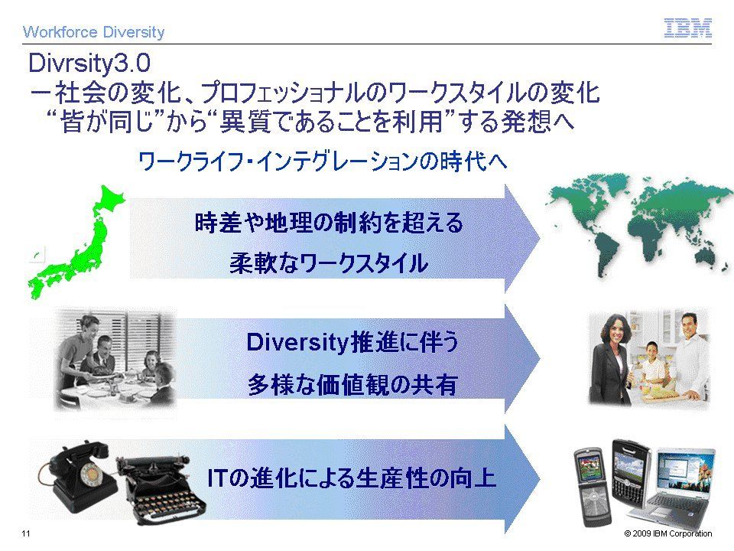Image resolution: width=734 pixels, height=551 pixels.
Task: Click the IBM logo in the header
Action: point(687,28)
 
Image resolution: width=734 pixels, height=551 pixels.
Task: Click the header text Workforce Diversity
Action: point(93,32)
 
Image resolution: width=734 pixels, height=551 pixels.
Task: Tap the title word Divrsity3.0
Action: point(89,63)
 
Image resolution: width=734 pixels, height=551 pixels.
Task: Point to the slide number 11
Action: point(26,533)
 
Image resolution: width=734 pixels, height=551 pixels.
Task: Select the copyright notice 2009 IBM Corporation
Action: point(668,533)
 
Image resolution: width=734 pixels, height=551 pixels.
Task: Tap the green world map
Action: point(639,225)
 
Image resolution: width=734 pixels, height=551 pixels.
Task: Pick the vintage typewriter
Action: point(161,490)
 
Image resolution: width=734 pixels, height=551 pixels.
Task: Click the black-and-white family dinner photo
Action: point(115,360)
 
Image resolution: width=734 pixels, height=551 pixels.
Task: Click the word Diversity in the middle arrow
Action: point(297,343)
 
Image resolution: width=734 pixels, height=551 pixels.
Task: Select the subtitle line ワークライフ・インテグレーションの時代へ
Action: point(323,161)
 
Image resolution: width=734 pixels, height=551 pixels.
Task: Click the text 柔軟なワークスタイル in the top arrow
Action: point(329,262)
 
